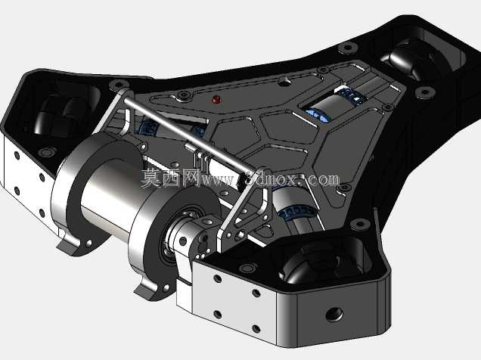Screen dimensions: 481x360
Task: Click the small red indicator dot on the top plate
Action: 216,99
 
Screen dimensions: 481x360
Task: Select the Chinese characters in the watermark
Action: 171,178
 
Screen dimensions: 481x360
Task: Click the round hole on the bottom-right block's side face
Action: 334,314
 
